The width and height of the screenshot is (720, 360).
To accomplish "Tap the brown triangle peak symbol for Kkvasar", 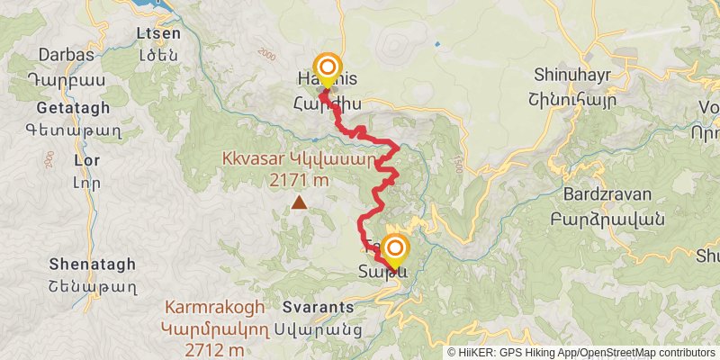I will click(x=298, y=203).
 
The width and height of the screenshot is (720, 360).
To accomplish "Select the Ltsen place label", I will click(x=157, y=34).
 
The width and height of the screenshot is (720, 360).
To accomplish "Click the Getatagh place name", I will click(x=74, y=108).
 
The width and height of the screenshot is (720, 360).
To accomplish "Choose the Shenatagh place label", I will click(x=94, y=264).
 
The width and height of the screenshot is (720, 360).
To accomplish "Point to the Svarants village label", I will click(x=318, y=307).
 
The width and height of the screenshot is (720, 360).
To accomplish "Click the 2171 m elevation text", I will click(x=299, y=180).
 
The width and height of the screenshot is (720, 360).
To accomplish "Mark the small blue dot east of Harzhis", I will click(x=436, y=43).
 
